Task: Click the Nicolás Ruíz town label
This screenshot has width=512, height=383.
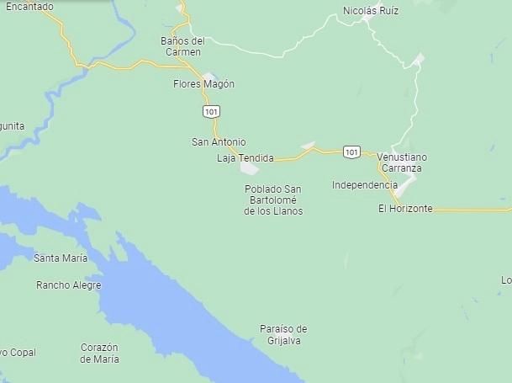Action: (x=371, y=11)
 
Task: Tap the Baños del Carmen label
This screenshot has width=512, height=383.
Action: (x=182, y=46)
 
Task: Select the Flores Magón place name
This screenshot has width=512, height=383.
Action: (x=203, y=84)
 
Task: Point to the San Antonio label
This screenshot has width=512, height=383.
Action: (x=219, y=142)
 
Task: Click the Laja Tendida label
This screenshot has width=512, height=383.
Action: (x=245, y=158)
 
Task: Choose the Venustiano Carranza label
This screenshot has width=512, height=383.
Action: (x=402, y=162)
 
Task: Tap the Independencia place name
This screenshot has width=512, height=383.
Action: (x=364, y=185)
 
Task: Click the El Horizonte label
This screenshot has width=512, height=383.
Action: (x=405, y=208)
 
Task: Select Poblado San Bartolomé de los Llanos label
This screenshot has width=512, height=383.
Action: (x=273, y=199)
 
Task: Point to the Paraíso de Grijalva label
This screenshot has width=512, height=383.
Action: (x=283, y=334)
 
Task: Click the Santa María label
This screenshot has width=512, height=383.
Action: (x=61, y=257)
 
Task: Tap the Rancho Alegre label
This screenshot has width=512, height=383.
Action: (x=68, y=285)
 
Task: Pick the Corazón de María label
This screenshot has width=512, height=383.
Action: (x=99, y=353)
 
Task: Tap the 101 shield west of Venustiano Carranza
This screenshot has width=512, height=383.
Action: (x=352, y=152)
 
